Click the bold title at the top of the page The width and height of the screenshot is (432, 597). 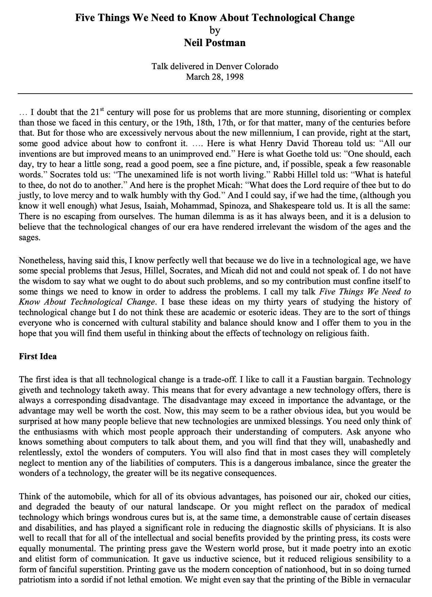[215, 18]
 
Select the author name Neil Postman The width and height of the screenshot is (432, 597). [215, 43]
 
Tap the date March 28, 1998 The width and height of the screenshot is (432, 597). [215, 77]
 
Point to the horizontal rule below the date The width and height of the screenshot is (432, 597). [215, 93]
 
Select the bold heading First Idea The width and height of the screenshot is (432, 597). [38, 357]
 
